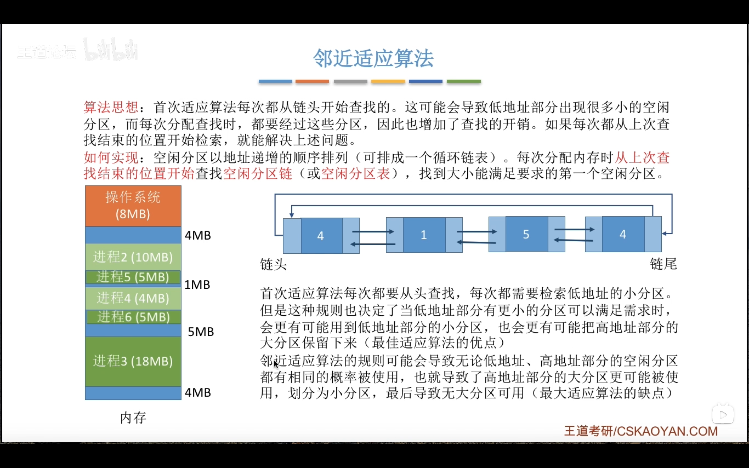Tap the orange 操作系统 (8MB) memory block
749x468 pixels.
point(133,206)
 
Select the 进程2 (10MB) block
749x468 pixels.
point(133,257)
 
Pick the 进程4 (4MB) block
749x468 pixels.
point(133,298)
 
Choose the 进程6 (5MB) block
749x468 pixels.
point(134,317)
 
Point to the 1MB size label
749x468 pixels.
point(197,285)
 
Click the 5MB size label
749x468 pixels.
point(201,332)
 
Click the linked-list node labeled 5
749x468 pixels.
point(526,234)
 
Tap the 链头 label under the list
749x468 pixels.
point(273,265)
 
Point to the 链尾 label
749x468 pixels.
point(663,264)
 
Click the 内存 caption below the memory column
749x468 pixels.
point(133,418)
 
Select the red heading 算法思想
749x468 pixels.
point(111,107)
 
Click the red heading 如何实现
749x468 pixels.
point(111,157)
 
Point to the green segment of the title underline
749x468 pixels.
point(464,81)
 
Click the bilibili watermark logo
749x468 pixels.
point(111,49)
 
